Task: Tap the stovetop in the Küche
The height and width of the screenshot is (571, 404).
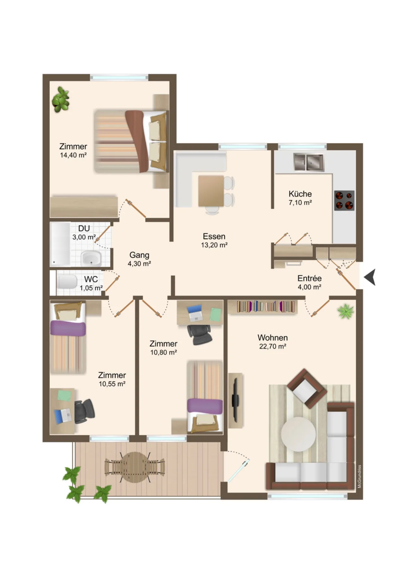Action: point(344,200)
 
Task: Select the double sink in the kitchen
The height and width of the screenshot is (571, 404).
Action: point(309,162)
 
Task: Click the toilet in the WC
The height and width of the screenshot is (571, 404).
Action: point(67,282)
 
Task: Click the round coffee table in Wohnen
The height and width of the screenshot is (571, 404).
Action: point(298,434)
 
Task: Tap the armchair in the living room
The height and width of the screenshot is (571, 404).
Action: point(307,388)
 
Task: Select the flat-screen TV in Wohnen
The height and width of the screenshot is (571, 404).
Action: point(235,400)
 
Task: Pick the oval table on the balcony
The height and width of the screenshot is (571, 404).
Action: point(135,467)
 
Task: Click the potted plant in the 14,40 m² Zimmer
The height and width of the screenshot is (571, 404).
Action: point(61,99)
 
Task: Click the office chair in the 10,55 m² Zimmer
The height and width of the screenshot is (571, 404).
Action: point(84,411)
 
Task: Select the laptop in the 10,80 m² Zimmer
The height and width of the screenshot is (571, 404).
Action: point(195,313)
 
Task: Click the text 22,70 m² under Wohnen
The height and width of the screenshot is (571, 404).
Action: point(272,347)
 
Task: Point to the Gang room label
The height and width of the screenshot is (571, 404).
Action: point(139,255)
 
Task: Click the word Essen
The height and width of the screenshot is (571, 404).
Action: point(214,236)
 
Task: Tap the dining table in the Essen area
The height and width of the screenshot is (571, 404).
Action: point(211,191)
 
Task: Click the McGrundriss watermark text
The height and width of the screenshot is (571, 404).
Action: point(359,476)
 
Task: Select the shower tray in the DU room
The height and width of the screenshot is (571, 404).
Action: point(60,244)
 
